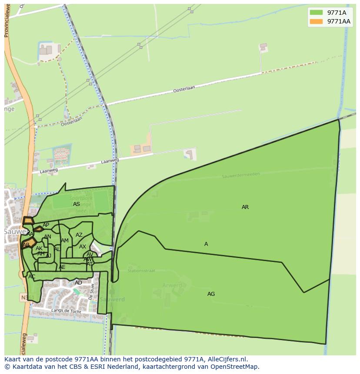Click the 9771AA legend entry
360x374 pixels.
coord(330,21)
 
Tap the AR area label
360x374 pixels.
coord(245,207)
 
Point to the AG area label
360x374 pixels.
coord(211,294)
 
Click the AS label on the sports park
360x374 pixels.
coord(77,204)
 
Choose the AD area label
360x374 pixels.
coord(78,283)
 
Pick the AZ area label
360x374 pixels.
coord(79,235)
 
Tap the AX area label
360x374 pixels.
coord(83,247)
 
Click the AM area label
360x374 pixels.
coord(65,241)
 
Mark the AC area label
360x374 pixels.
coord(32,277)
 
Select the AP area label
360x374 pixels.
coord(46,225)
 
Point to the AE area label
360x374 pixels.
coord(62,267)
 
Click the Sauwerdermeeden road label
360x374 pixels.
coord(240,175)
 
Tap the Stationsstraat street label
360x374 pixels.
coord(141,271)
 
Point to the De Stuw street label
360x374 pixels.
coord(92,292)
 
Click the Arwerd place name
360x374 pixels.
coord(172,285)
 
